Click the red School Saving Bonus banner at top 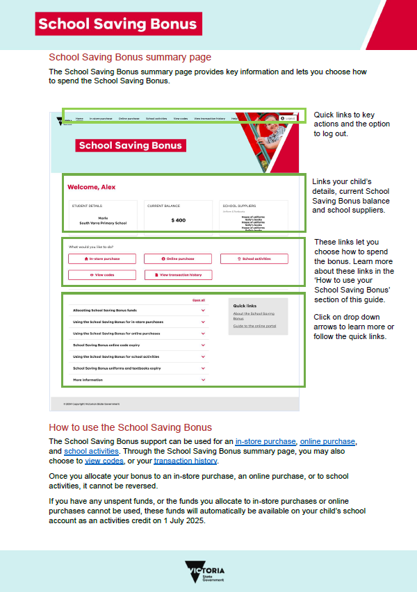coord(117,24)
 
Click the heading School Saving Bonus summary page coord(130,58)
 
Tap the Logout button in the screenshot coord(288,119)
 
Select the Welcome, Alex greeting coord(91,188)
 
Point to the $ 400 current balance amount coord(179,220)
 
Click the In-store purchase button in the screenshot coord(103,258)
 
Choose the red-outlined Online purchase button coord(178,258)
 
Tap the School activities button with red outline coord(254,258)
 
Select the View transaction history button coord(178,274)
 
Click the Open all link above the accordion coord(199,300)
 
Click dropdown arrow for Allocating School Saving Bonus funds coord(204,310)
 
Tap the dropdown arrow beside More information coord(204,380)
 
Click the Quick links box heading coord(245,306)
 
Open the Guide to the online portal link coord(254,326)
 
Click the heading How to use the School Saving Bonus coord(130,427)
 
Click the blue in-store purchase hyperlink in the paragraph coord(266,441)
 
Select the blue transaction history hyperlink coord(186,461)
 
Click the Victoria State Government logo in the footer coord(205,572)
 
